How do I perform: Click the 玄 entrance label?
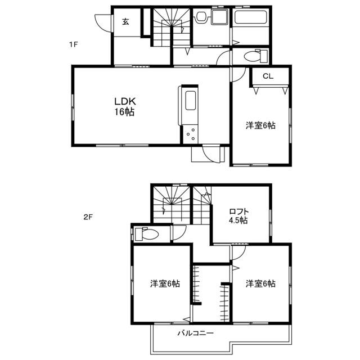(125, 21)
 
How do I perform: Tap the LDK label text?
(125, 101)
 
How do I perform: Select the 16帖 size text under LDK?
(125, 112)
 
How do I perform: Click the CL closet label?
(268, 76)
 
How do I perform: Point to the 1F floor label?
(74, 44)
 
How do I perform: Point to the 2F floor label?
(88, 217)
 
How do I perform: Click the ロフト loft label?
(239, 211)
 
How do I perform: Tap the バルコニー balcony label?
(196, 333)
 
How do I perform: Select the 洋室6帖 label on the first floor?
(260, 125)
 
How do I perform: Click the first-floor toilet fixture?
(255, 56)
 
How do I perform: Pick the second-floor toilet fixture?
(146, 234)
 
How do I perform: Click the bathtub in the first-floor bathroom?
(250, 17)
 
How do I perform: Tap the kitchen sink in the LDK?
(191, 101)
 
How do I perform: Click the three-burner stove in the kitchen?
(191, 134)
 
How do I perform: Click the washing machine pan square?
(220, 17)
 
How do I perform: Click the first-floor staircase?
(171, 27)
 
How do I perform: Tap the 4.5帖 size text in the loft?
(238, 220)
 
